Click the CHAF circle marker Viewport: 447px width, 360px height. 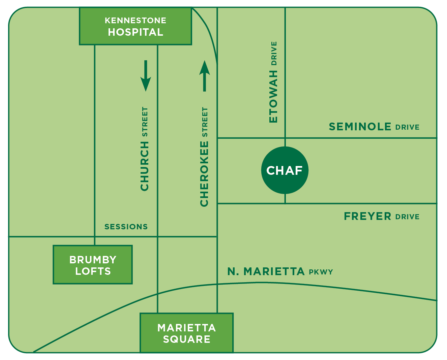pos(285,170)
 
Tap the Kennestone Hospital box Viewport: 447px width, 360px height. pos(136,26)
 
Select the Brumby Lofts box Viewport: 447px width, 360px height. pos(93,265)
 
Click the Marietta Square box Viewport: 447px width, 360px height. pos(186,333)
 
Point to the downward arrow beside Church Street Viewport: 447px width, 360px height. pos(146,76)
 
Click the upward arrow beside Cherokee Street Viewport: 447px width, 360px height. pos(204,76)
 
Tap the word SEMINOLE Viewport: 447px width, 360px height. pos(360,127)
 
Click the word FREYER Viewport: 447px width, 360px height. pos(367,216)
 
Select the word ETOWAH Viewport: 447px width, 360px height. pos(273,96)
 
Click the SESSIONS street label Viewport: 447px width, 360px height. pos(126,227)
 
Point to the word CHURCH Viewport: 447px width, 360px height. pos(145,166)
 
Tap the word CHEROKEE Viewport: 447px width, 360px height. pos(204,173)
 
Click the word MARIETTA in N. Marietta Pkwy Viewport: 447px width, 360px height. pos(274,271)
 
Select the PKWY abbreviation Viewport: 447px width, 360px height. pos(321,272)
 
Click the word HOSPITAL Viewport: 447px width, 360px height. pos(136,32)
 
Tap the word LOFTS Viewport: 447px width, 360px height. pos(93,271)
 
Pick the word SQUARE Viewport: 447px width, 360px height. pos(187,339)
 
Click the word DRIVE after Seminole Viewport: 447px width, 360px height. pos(407,127)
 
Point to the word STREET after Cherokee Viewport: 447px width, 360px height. pos(205,122)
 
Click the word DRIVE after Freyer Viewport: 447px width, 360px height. pos(407,217)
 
